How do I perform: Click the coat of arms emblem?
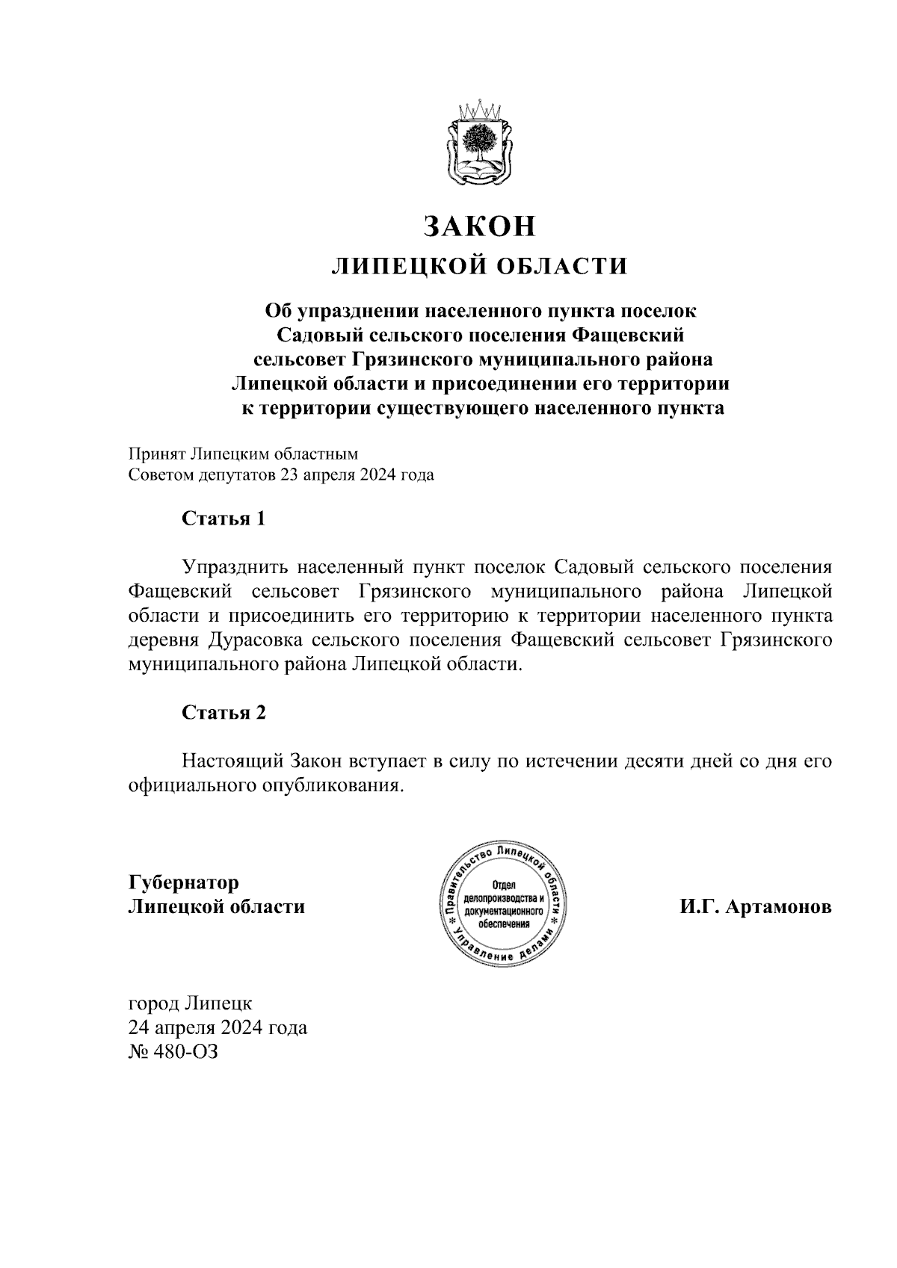(481, 144)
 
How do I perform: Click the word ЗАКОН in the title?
(481, 226)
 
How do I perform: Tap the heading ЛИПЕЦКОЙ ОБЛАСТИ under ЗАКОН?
(480, 266)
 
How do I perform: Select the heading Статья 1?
(224, 518)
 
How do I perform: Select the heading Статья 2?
(224, 712)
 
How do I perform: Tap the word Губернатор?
(184, 882)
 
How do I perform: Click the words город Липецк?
(191, 1002)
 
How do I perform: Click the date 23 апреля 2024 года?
(357, 475)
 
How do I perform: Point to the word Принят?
(156, 454)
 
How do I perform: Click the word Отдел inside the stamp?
(505, 885)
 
